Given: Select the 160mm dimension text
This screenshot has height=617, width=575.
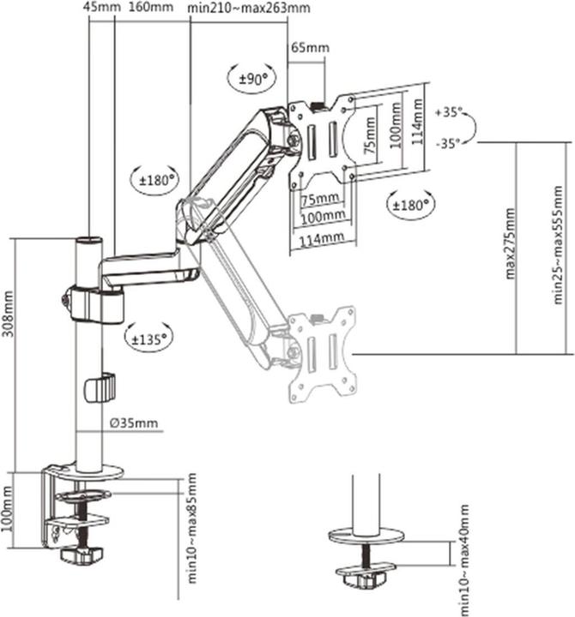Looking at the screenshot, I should click(x=151, y=8).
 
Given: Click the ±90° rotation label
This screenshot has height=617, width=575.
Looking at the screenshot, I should click(x=253, y=78).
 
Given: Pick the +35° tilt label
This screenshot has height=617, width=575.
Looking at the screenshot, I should click(x=448, y=112).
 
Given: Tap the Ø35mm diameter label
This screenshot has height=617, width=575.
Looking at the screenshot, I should click(x=134, y=423).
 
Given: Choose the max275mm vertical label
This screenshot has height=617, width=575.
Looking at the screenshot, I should click(x=510, y=244).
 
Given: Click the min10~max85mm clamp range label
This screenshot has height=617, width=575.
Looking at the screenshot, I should click(x=191, y=526).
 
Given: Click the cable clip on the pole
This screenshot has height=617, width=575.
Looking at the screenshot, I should click(x=100, y=387).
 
